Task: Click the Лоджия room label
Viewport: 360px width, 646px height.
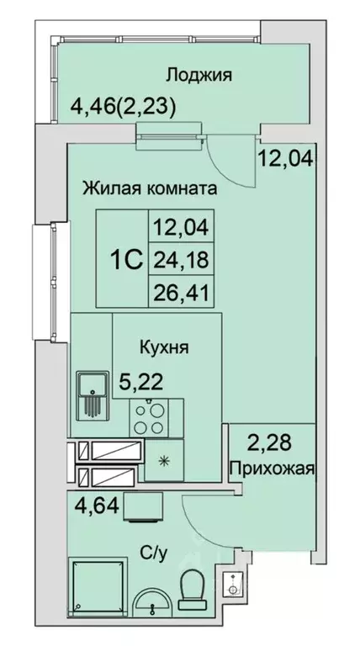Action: pyautogui.click(x=199, y=75)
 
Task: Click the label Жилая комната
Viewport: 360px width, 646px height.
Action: pyautogui.click(x=150, y=188)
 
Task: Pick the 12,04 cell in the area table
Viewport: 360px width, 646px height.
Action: pyautogui.click(x=180, y=226)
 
